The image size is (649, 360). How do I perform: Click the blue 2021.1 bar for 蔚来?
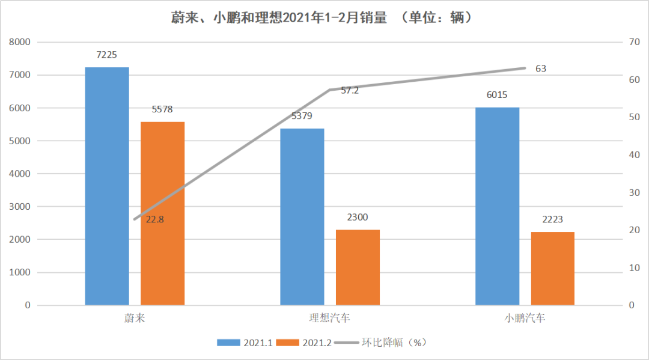[107, 186]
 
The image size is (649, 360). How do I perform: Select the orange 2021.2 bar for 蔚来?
[163, 213]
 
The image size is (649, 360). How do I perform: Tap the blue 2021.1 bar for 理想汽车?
[302, 216]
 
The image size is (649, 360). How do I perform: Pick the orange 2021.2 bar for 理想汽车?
[358, 267]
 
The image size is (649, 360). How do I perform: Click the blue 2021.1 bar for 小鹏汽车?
[497, 206]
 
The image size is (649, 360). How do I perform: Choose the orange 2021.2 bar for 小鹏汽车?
[553, 269]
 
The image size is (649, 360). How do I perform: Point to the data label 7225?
[106, 55]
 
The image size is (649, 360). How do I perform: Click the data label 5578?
[162, 109]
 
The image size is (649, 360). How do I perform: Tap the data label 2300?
[358, 218]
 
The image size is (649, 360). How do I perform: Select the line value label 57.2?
[350, 91]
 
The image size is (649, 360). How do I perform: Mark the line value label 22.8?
[154, 219]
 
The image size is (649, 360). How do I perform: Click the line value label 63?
[541, 69]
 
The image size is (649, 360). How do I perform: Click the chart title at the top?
[324, 18]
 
